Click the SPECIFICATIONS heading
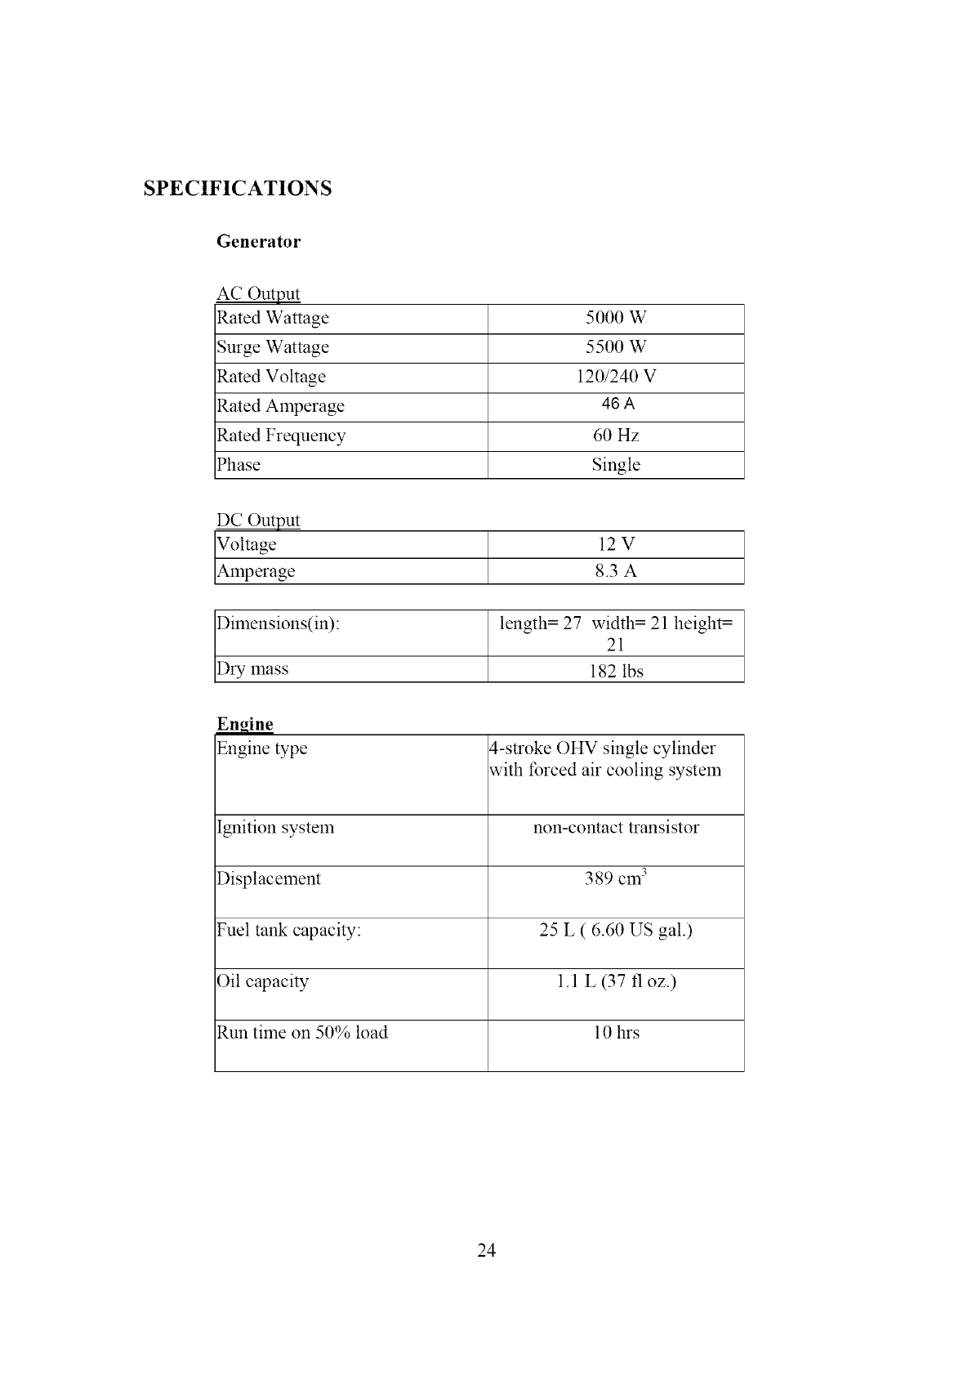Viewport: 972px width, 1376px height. pos(238,189)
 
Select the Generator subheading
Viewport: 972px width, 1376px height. pos(258,242)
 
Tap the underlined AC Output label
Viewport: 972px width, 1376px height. pos(258,293)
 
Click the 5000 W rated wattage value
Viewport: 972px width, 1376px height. pos(616,318)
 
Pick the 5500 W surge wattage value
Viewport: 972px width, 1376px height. pos(616,347)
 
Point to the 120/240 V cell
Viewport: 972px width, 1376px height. pos(616,377)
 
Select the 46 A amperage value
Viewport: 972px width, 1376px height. pos(618,404)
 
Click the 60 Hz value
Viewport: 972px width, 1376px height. pos(616,436)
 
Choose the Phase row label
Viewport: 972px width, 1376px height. pos(239,465)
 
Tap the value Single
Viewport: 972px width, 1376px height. pos(616,465)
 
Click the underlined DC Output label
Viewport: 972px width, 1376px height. pos(258,520)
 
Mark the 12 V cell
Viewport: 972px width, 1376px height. pos(616,544)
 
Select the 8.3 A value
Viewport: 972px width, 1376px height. pos(616,571)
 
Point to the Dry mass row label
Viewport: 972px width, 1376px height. pos(252,669)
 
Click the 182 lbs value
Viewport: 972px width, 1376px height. pos(616,672)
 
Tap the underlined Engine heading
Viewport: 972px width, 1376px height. pos(245,724)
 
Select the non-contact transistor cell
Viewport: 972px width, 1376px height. pos(616,828)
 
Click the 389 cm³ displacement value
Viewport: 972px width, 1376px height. pos(616,879)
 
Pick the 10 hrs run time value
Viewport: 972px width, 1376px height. pos(616,1033)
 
